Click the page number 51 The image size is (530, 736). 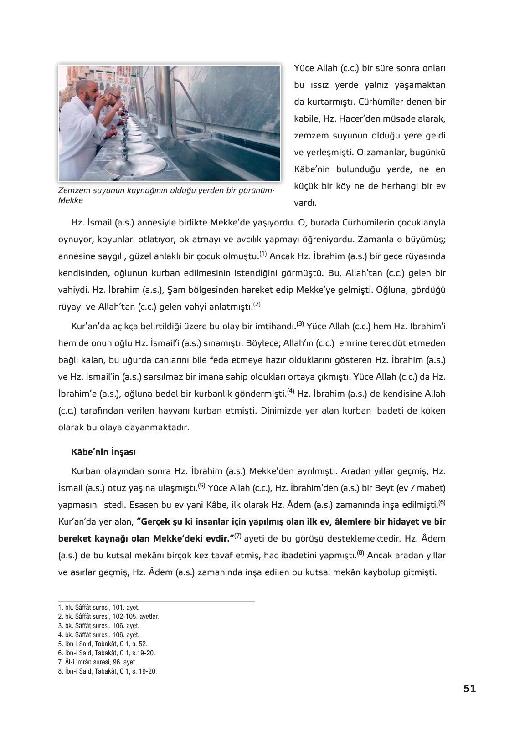click(x=469, y=689)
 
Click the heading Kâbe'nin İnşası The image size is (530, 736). click(x=103, y=452)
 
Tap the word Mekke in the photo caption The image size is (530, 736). click(x=71, y=200)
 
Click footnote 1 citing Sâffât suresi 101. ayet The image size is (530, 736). click(x=98, y=608)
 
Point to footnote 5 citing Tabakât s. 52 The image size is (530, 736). click(x=103, y=644)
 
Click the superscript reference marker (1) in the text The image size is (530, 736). click(x=263, y=254)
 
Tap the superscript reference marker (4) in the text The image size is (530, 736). click(x=291, y=391)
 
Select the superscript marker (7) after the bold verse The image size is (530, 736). click(x=237, y=536)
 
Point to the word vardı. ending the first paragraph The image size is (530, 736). click(x=305, y=203)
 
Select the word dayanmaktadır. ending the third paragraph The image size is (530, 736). click(x=161, y=428)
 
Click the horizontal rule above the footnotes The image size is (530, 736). click(x=156, y=602)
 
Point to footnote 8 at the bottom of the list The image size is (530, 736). click(x=108, y=671)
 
